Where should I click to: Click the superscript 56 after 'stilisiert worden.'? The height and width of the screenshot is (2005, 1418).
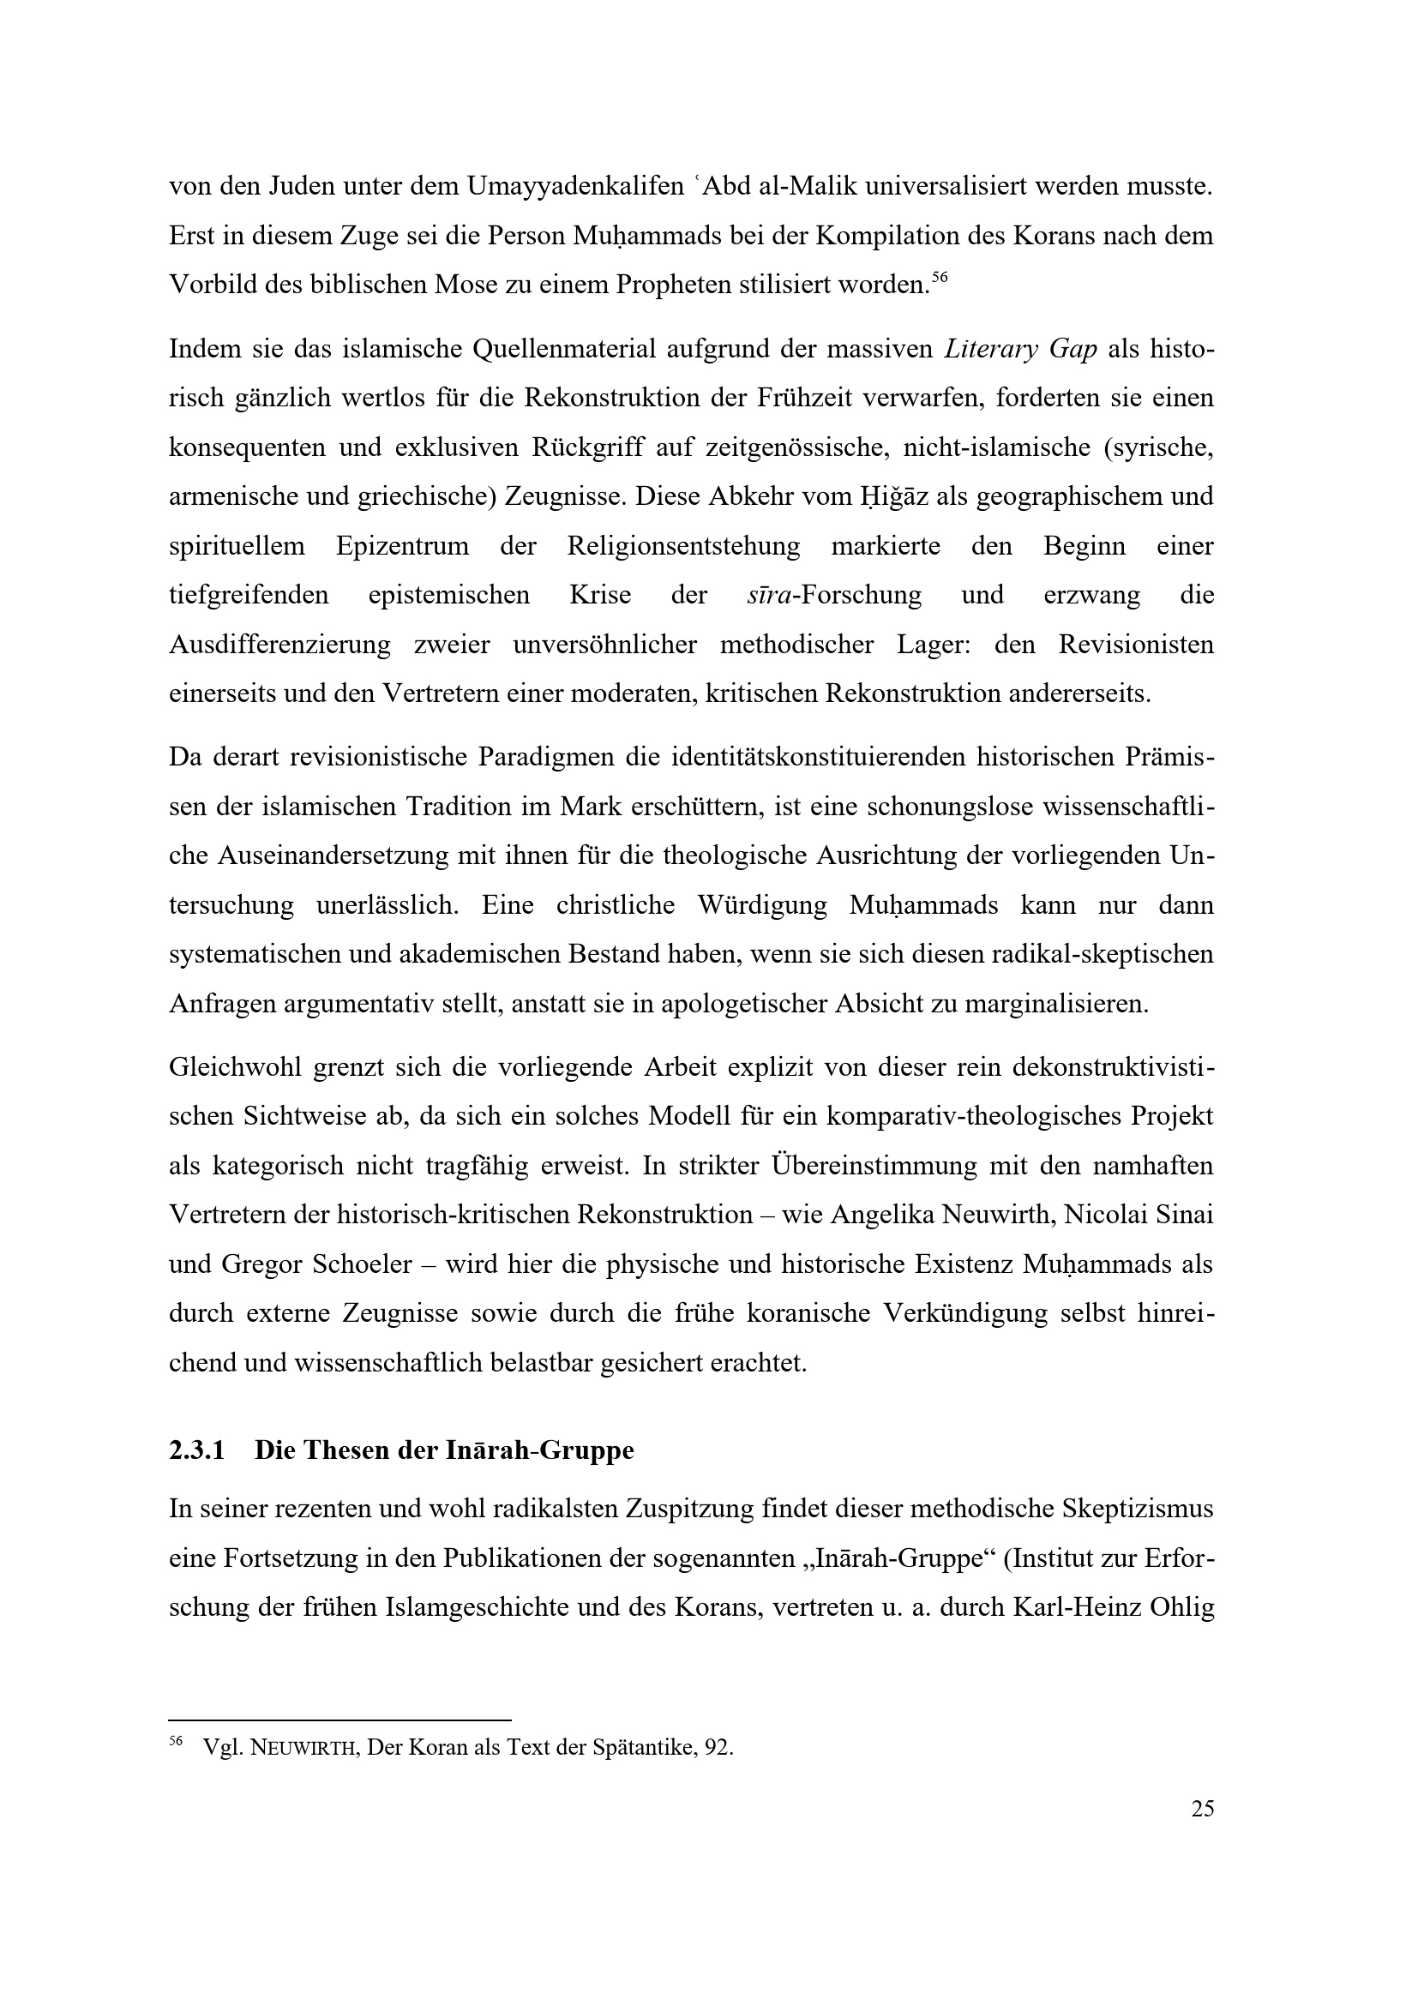(x=939, y=277)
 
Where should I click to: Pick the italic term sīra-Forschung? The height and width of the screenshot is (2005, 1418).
(x=834, y=596)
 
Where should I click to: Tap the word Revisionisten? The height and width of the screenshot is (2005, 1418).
(x=1136, y=645)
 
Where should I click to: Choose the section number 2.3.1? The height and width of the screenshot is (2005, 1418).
(x=196, y=1450)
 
